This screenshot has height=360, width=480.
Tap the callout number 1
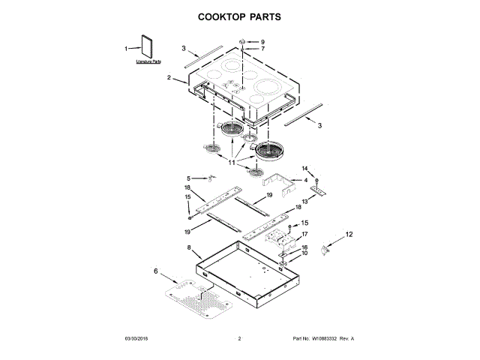(x=126, y=49)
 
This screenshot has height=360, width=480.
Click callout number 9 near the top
(x=262, y=41)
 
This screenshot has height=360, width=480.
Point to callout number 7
(x=262, y=49)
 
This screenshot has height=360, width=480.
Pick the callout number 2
(x=170, y=77)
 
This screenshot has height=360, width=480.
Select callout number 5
(x=190, y=178)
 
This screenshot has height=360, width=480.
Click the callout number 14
(x=305, y=168)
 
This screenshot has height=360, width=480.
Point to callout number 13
(x=304, y=202)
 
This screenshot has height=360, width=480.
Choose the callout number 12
(x=349, y=235)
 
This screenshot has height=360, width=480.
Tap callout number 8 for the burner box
(x=188, y=247)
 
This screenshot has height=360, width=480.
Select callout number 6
(x=157, y=271)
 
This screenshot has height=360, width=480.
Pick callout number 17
(x=304, y=234)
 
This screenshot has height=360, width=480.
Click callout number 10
(x=304, y=253)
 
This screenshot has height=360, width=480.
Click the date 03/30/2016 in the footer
(x=137, y=339)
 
